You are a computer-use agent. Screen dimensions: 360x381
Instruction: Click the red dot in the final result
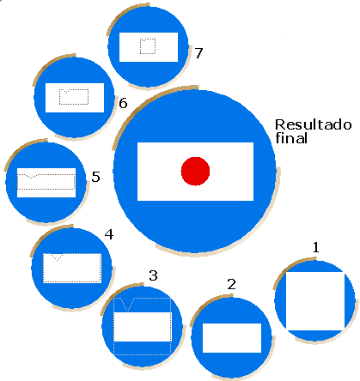(195, 171)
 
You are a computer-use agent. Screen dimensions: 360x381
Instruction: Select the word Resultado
(313, 125)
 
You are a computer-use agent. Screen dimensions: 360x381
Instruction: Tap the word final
(291, 138)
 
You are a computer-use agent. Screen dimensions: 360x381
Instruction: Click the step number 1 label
(316, 247)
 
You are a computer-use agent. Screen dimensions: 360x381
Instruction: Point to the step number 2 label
(231, 284)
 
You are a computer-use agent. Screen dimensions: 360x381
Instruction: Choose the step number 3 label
(153, 275)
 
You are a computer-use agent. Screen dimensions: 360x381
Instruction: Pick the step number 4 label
(109, 234)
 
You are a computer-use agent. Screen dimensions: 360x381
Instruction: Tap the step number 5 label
(95, 177)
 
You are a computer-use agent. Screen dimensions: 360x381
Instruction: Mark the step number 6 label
(123, 103)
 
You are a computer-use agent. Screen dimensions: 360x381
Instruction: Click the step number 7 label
(198, 53)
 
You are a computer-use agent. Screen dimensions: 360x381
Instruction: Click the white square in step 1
(315, 301)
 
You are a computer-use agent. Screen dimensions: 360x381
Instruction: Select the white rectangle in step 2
(232, 338)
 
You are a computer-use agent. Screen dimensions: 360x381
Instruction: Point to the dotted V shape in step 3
(127, 305)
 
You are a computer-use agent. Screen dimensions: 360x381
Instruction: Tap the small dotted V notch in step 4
(57, 257)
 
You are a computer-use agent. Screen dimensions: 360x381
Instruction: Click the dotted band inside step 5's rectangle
(46, 181)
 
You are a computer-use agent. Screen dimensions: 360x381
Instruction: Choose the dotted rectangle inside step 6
(74, 97)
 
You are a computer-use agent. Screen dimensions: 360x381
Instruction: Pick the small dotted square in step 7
(148, 46)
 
